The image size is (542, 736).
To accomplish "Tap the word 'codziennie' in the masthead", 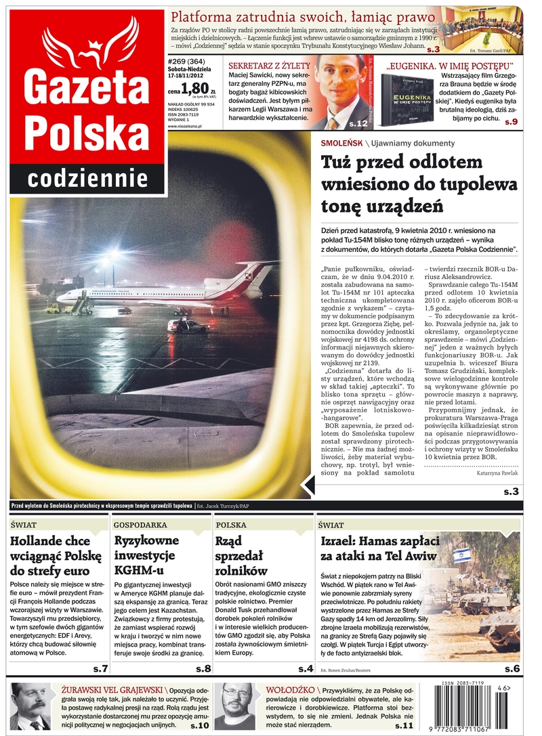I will pyautogui.click(x=87, y=177).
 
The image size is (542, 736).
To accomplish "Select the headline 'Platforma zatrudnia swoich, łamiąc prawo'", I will pyautogui.click(x=302, y=17).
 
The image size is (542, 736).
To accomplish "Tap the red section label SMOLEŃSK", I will pyautogui.click(x=341, y=143).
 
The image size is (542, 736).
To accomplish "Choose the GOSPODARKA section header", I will pyautogui.click(x=140, y=525).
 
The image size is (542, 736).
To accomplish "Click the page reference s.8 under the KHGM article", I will pyautogui.click(x=203, y=668).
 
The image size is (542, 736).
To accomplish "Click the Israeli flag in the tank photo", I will pyautogui.click(x=462, y=555).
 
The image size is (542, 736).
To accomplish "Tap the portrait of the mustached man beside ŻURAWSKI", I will pyautogui.click(x=31, y=706).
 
